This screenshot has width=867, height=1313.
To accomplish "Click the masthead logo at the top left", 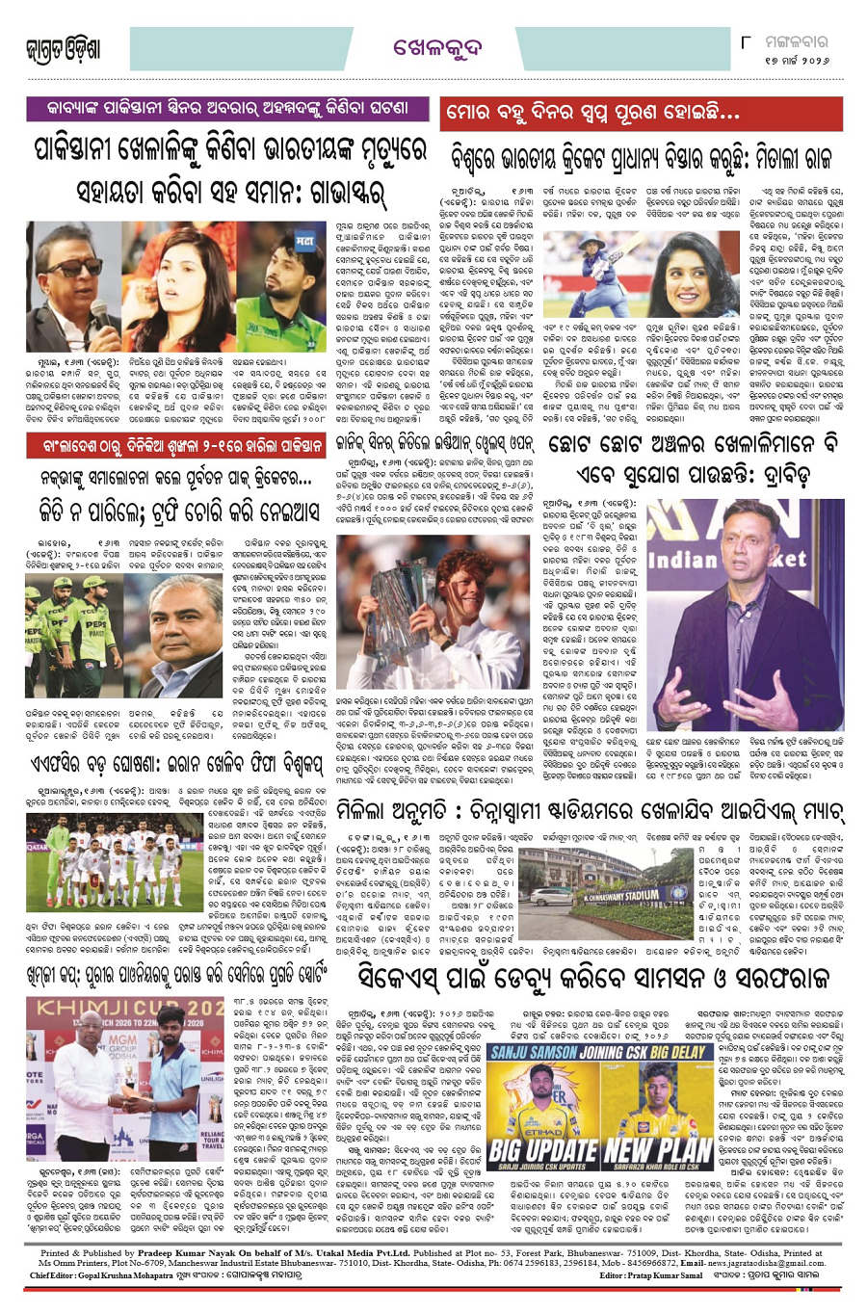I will pyautogui.click(x=64, y=49).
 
